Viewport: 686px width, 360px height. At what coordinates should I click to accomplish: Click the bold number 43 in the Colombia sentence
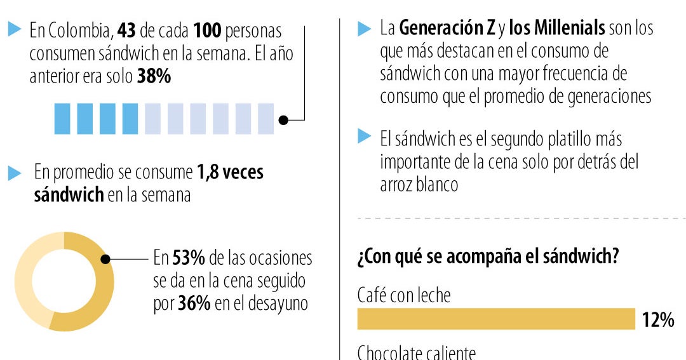pos(128,30)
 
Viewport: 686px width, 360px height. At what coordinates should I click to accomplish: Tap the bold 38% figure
pos(154,77)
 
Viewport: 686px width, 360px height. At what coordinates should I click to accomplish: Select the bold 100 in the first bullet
pos(208,30)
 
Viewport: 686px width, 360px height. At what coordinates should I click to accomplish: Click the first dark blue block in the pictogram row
pos(62,119)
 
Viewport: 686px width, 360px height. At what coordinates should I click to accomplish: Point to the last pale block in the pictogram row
pos(266,119)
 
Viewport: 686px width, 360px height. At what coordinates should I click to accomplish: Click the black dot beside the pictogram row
pos(284,119)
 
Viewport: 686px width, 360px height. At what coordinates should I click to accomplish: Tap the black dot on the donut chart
pos(106,259)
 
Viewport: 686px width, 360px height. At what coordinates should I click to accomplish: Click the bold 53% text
pos(189,258)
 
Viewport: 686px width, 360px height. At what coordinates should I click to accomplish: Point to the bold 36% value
pos(194,304)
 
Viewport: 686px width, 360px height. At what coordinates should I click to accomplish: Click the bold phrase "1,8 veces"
pos(230,172)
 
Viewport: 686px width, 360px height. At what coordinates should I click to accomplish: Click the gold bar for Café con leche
pos(495,319)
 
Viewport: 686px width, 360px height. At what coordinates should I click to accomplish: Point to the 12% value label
pos(657,320)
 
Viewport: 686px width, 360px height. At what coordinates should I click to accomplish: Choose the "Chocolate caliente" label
pos(416,352)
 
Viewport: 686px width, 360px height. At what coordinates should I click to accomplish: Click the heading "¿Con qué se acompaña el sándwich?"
pos(488,258)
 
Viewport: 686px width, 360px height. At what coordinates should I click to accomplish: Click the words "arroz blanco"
pos(419,185)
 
